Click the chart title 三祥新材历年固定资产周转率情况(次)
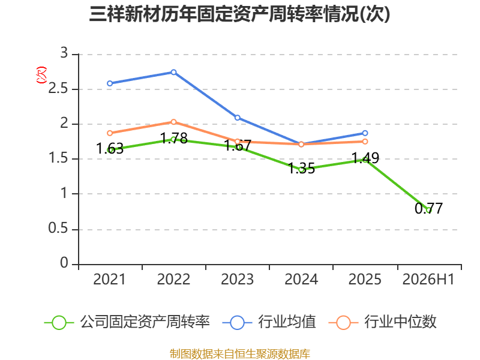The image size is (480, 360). pos(239,14)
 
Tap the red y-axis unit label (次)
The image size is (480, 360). pos(41,75)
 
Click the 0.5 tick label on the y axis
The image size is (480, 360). pos(58,229)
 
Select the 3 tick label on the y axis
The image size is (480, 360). pos(64,53)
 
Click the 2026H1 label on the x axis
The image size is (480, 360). pos(428,280)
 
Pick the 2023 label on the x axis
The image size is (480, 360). pos(237,280)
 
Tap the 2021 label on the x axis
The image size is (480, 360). pos(110,280)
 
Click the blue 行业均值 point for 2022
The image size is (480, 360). pos(173,72)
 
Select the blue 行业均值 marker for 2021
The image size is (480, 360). pos(110,83)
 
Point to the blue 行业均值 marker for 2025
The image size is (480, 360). pos(365,133)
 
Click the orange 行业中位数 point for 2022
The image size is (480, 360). pos(173,122)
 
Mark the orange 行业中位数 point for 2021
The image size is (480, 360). pos(110,133)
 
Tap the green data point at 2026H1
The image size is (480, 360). pos(428,211)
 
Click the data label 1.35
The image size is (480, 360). pos(302,169)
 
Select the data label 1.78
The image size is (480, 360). pos(174,138)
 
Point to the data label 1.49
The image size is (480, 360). pos(365,158)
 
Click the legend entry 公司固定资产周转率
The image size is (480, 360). pos(127,322)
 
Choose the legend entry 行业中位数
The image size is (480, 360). pos(383,322)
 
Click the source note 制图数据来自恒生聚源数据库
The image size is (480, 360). pos(240,354)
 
